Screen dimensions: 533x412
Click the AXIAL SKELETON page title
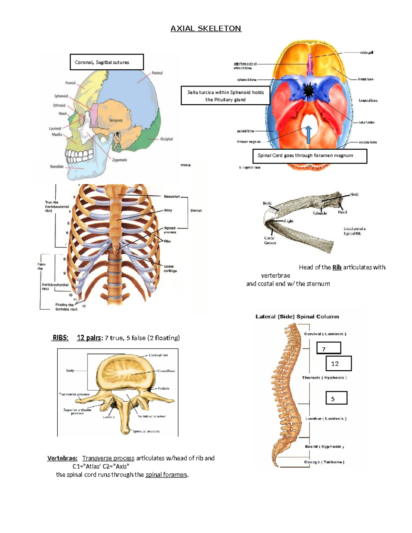pyautogui.click(x=206, y=28)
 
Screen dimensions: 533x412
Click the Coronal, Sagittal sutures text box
pyautogui.click(x=106, y=62)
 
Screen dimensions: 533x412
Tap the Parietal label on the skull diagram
pyautogui.click(x=157, y=73)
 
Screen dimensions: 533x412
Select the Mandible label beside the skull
pyautogui.click(x=57, y=166)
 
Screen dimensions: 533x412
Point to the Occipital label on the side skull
pyautogui.click(x=167, y=139)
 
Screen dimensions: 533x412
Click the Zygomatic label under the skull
pyautogui.click(x=119, y=160)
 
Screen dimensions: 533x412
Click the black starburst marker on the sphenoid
pyautogui.click(x=309, y=91)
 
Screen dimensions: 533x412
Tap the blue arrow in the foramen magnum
pyautogui.click(x=308, y=135)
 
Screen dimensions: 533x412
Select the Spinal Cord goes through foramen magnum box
pyautogui.click(x=310, y=156)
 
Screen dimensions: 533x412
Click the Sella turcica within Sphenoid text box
pyautogui.click(x=226, y=96)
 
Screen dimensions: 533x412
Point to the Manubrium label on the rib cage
pyautogui.click(x=172, y=197)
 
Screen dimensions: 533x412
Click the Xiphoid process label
pyautogui.click(x=170, y=230)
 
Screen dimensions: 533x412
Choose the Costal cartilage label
pyautogui.click(x=170, y=268)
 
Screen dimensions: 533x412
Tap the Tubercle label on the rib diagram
pyautogui.click(x=320, y=213)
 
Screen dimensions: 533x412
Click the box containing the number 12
pyautogui.click(x=339, y=363)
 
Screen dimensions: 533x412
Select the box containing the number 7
pyautogui.click(x=329, y=348)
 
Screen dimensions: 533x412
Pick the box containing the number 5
pyautogui.click(x=336, y=398)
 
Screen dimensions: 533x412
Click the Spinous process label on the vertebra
pyautogui.click(x=146, y=431)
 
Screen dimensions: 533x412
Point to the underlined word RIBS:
pyautogui.click(x=60, y=338)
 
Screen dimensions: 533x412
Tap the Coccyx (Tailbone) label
pyautogui.click(x=324, y=462)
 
